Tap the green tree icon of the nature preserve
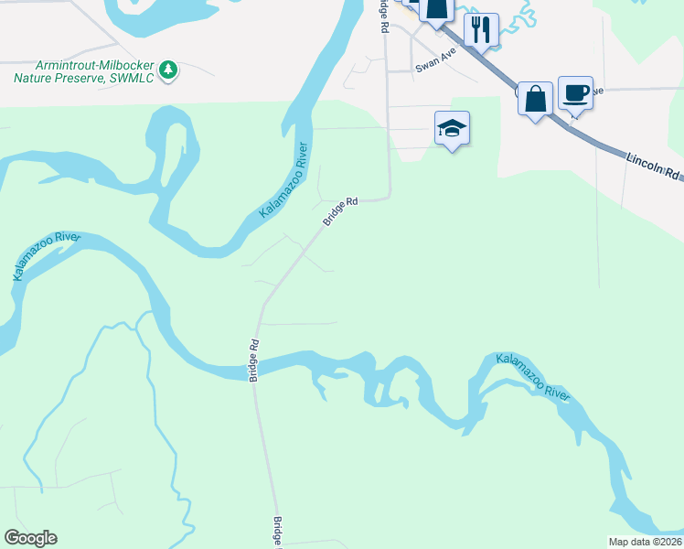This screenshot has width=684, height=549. (x=167, y=70)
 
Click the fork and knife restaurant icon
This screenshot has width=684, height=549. (x=480, y=29)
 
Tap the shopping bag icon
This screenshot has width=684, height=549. (x=534, y=97)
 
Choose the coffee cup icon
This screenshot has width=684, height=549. (x=575, y=92)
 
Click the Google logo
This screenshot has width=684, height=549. (x=30, y=538)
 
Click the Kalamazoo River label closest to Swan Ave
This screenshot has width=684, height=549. (x=284, y=179)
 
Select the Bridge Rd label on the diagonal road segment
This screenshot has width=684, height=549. (x=338, y=212)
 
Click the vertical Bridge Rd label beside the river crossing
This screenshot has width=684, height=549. (x=254, y=361)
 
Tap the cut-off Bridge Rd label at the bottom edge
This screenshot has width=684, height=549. (x=277, y=533)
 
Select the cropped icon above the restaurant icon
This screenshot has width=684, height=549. (x=437, y=8)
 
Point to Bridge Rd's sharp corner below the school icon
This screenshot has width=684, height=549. (x=390, y=195)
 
